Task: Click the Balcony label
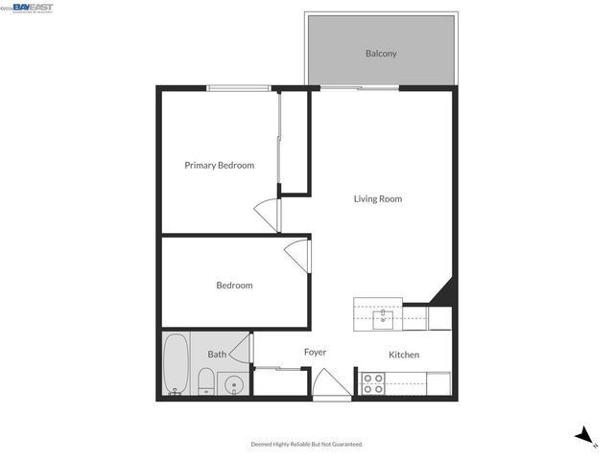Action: tap(381, 54)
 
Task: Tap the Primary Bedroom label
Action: tap(219, 166)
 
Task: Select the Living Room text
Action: tap(377, 199)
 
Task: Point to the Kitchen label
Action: tap(404, 356)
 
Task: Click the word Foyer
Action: tap(316, 353)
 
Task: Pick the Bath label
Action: tap(218, 355)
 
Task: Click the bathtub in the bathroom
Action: tap(176, 364)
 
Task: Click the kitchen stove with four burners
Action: tap(372, 383)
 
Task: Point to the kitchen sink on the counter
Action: tap(384, 314)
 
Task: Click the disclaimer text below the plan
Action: tap(307, 445)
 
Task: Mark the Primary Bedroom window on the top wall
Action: tap(238, 89)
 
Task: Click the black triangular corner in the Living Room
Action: tap(442, 291)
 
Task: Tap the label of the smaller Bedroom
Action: tap(234, 286)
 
